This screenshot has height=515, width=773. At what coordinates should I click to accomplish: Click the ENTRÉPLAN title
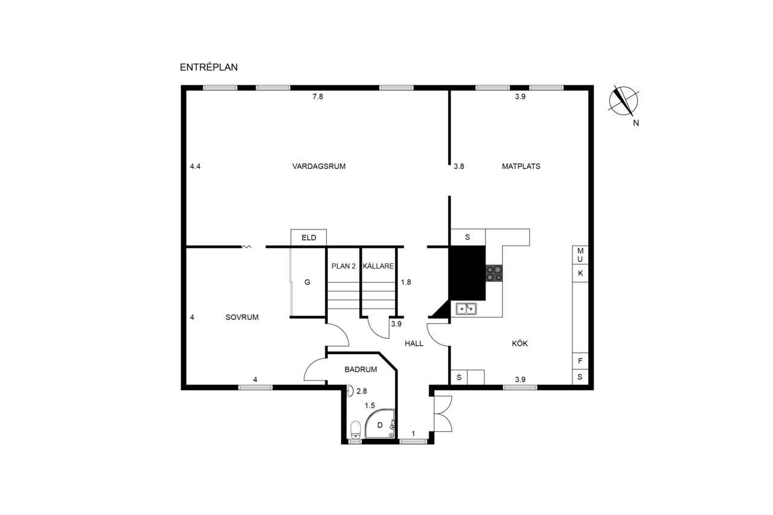(209, 67)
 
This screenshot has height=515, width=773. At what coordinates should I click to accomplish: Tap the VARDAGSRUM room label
(319, 166)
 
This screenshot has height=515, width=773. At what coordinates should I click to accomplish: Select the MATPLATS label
(521, 166)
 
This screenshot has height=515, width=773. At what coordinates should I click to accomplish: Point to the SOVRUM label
(242, 317)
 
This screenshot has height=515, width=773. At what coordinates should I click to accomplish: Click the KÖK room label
(520, 343)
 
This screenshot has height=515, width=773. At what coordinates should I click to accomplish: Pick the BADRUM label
(361, 369)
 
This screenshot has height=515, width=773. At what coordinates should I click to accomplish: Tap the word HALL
(414, 343)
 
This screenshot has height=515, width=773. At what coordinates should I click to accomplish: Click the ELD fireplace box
(309, 237)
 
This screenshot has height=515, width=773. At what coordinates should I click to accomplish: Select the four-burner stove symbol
(494, 273)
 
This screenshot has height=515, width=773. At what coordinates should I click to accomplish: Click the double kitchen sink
(466, 309)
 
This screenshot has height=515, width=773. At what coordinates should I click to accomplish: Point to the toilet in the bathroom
(356, 430)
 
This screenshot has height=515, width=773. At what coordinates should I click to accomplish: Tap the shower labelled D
(380, 423)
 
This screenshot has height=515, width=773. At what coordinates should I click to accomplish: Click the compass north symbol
(624, 101)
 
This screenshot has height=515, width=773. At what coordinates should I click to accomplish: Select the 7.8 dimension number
(318, 97)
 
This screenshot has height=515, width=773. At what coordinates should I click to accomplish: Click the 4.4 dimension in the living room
(195, 166)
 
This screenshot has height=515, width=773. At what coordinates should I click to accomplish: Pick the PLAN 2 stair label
(344, 266)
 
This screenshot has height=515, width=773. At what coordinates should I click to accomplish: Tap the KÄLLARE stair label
(379, 266)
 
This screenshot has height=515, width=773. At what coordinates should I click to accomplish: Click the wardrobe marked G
(307, 282)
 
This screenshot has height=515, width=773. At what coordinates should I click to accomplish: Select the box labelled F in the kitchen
(580, 361)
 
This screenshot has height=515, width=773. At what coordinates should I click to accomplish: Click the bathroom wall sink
(350, 391)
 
